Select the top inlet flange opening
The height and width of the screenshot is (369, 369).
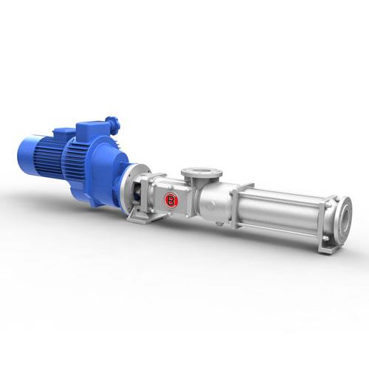(201, 172)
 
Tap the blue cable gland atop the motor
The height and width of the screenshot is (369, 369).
(113, 125)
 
